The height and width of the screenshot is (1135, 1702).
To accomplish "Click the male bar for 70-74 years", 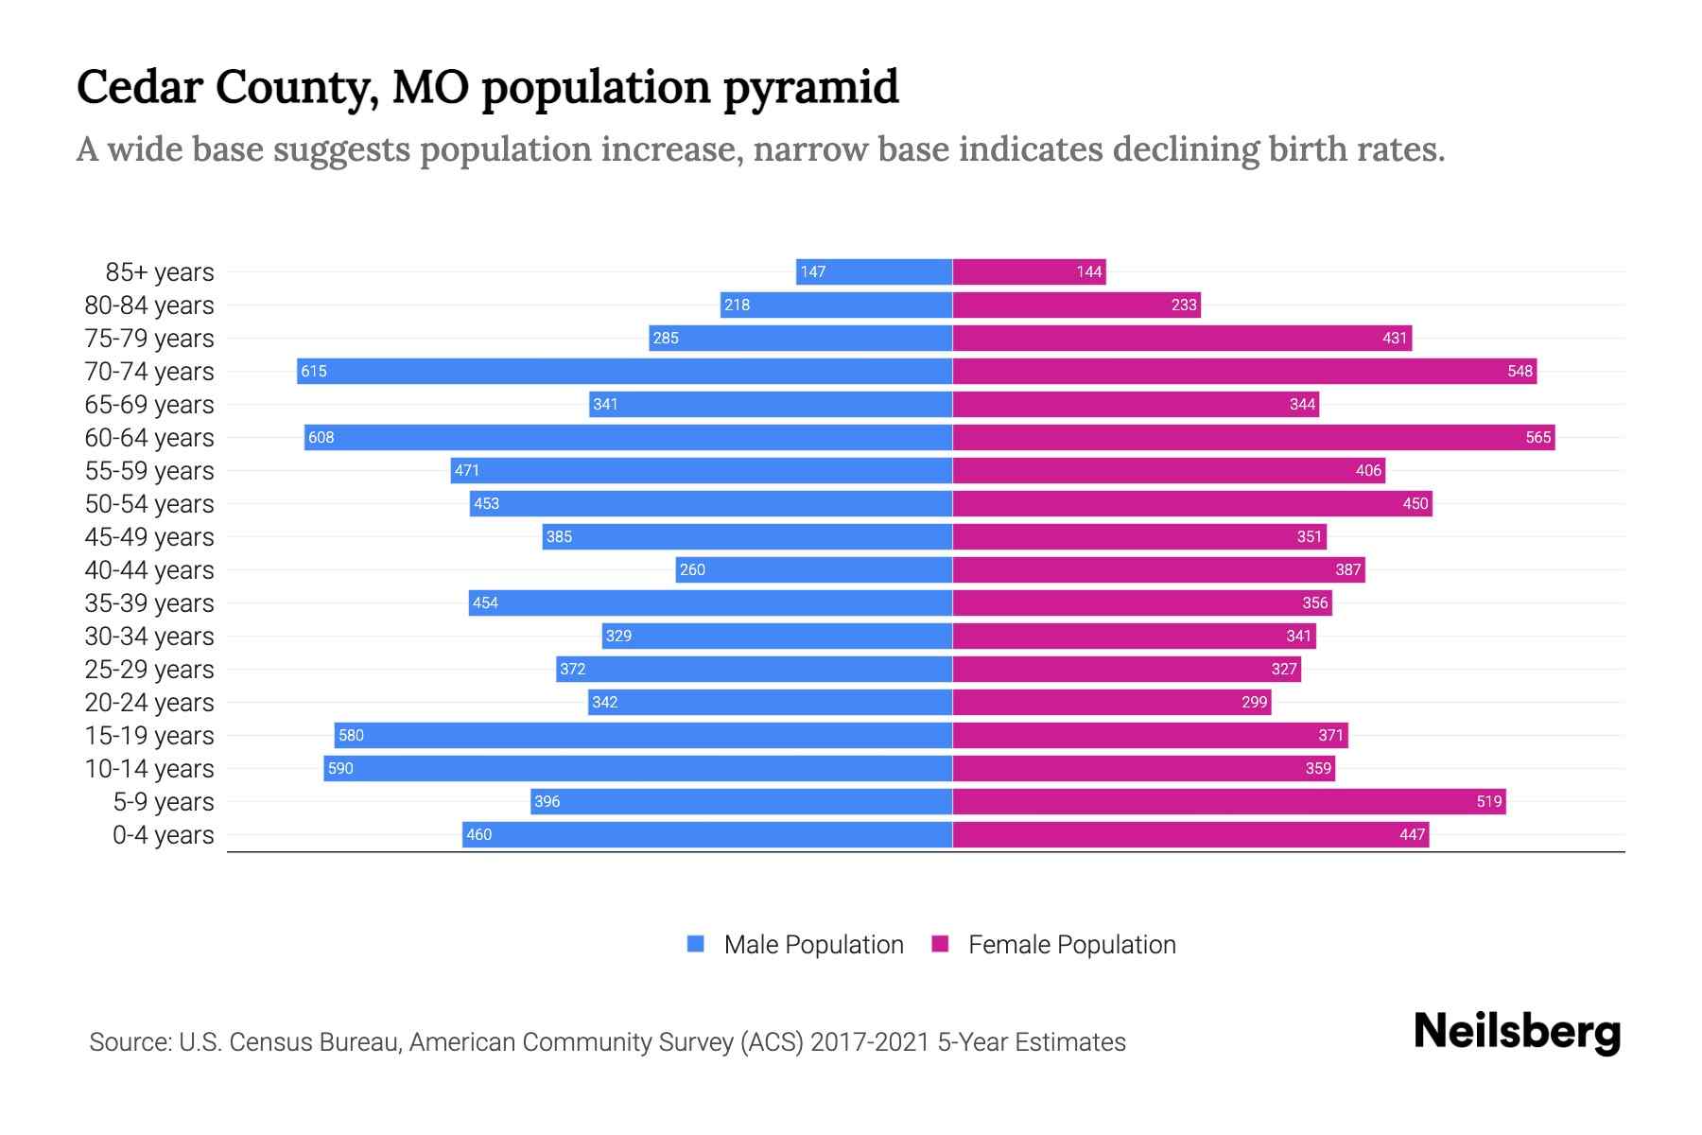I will (x=624, y=371).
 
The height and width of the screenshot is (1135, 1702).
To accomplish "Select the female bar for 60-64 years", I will (x=1253, y=437).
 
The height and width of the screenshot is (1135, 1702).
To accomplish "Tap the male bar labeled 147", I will (x=874, y=271).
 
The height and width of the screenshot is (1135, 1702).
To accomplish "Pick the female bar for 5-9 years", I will (x=1228, y=801).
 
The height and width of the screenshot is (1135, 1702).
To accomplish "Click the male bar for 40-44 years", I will (x=813, y=569).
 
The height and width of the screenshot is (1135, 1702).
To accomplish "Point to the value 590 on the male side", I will (x=340, y=768).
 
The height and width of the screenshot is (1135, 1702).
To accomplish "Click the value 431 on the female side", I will (x=1395, y=338).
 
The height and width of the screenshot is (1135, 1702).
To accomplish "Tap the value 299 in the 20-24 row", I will (x=1254, y=702).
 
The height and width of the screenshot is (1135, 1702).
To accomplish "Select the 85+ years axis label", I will (x=160, y=272).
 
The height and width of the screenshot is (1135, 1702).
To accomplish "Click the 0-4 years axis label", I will (x=163, y=835).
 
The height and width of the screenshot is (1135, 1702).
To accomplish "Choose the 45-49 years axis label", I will (x=149, y=537).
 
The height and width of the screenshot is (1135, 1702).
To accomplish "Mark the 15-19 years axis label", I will (x=149, y=736).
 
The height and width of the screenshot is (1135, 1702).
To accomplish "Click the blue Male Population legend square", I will (x=696, y=944).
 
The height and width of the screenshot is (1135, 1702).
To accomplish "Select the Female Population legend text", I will (x=1071, y=944).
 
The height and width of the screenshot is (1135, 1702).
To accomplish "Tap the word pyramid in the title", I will (x=810, y=87).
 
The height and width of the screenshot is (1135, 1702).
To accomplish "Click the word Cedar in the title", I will (x=139, y=87).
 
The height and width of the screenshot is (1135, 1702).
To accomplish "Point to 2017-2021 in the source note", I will (x=870, y=1042).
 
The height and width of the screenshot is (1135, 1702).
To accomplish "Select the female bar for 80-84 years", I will (x=1076, y=305).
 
